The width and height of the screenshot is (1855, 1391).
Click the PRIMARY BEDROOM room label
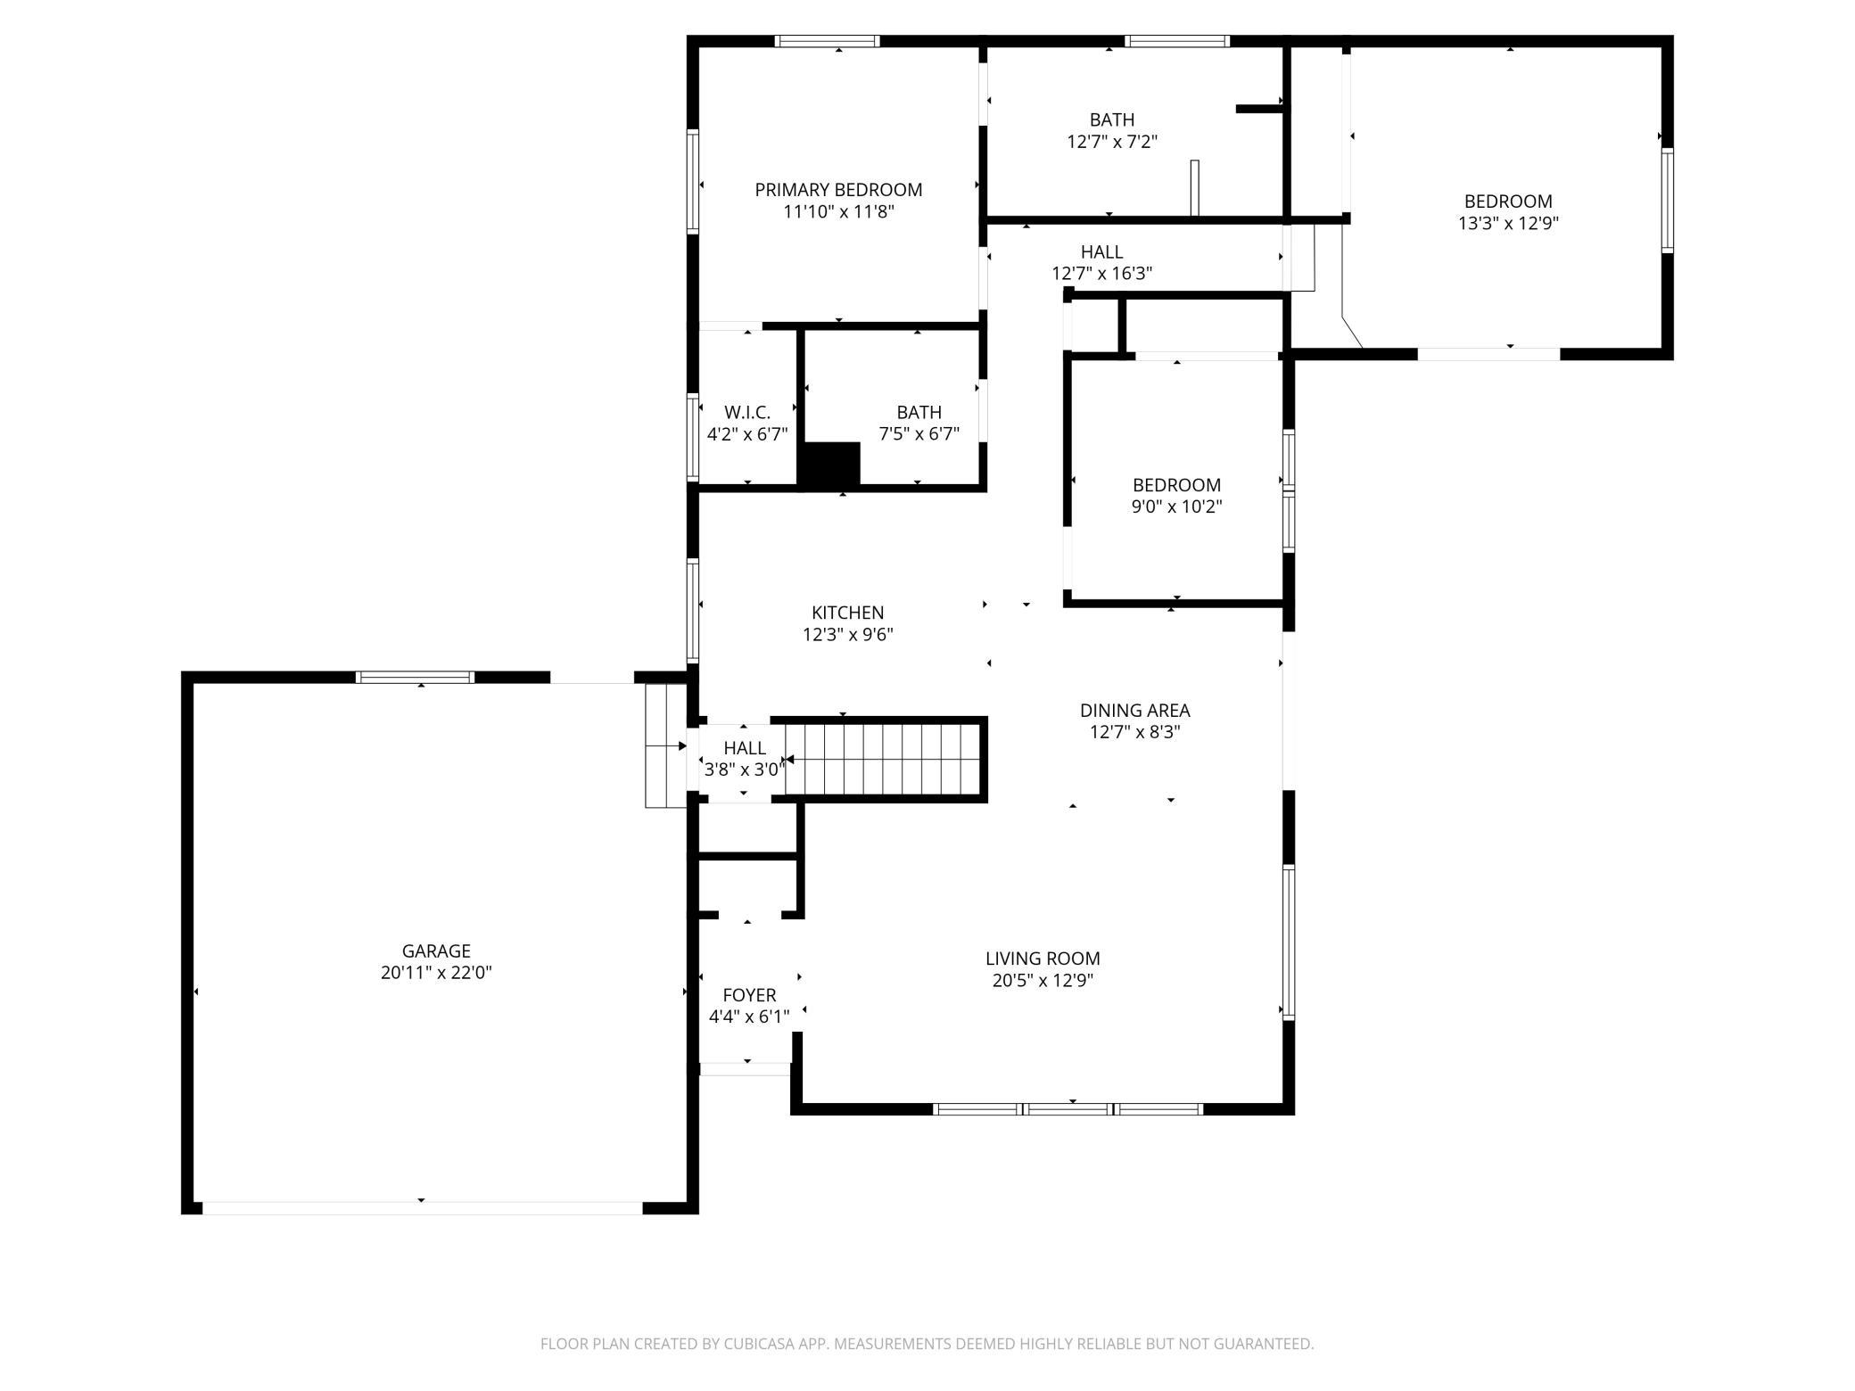pyautogui.click(x=838, y=190)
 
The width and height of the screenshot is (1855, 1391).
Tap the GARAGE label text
pyautogui.click(x=436, y=951)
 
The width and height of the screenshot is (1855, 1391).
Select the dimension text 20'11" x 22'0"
pyautogui.click(x=436, y=973)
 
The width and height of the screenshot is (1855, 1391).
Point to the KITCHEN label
pyautogui.click(x=848, y=613)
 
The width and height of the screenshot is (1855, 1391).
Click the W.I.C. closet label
pyautogui.click(x=747, y=412)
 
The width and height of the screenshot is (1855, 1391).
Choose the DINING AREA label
pyautogui.click(x=1135, y=711)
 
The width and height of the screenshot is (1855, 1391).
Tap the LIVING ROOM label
pyautogui.click(x=1043, y=959)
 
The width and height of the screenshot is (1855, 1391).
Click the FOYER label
pyautogui.click(x=749, y=995)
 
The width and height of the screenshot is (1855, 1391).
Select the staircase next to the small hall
pyautogui.click(x=884, y=760)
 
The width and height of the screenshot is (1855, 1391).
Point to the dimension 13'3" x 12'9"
pyautogui.click(x=1508, y=223)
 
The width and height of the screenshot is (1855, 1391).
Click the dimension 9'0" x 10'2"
pyautogui.click(x=1176, y=506)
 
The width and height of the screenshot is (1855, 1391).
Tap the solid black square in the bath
pyautogui.click(x=829, y=465)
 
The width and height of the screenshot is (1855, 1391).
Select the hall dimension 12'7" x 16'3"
pyautogui.click(x=1102, y=274)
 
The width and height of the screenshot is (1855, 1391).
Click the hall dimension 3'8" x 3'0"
pyautogui.click(x=745, y=769)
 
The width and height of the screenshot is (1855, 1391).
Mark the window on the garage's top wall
pyautogui.click(x=415, y=677)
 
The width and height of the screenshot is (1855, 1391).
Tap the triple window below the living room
pyautogui.click(x=1068, y=1109)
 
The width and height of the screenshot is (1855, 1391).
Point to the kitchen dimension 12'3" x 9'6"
pyautogui.click(x=848, y=635)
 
